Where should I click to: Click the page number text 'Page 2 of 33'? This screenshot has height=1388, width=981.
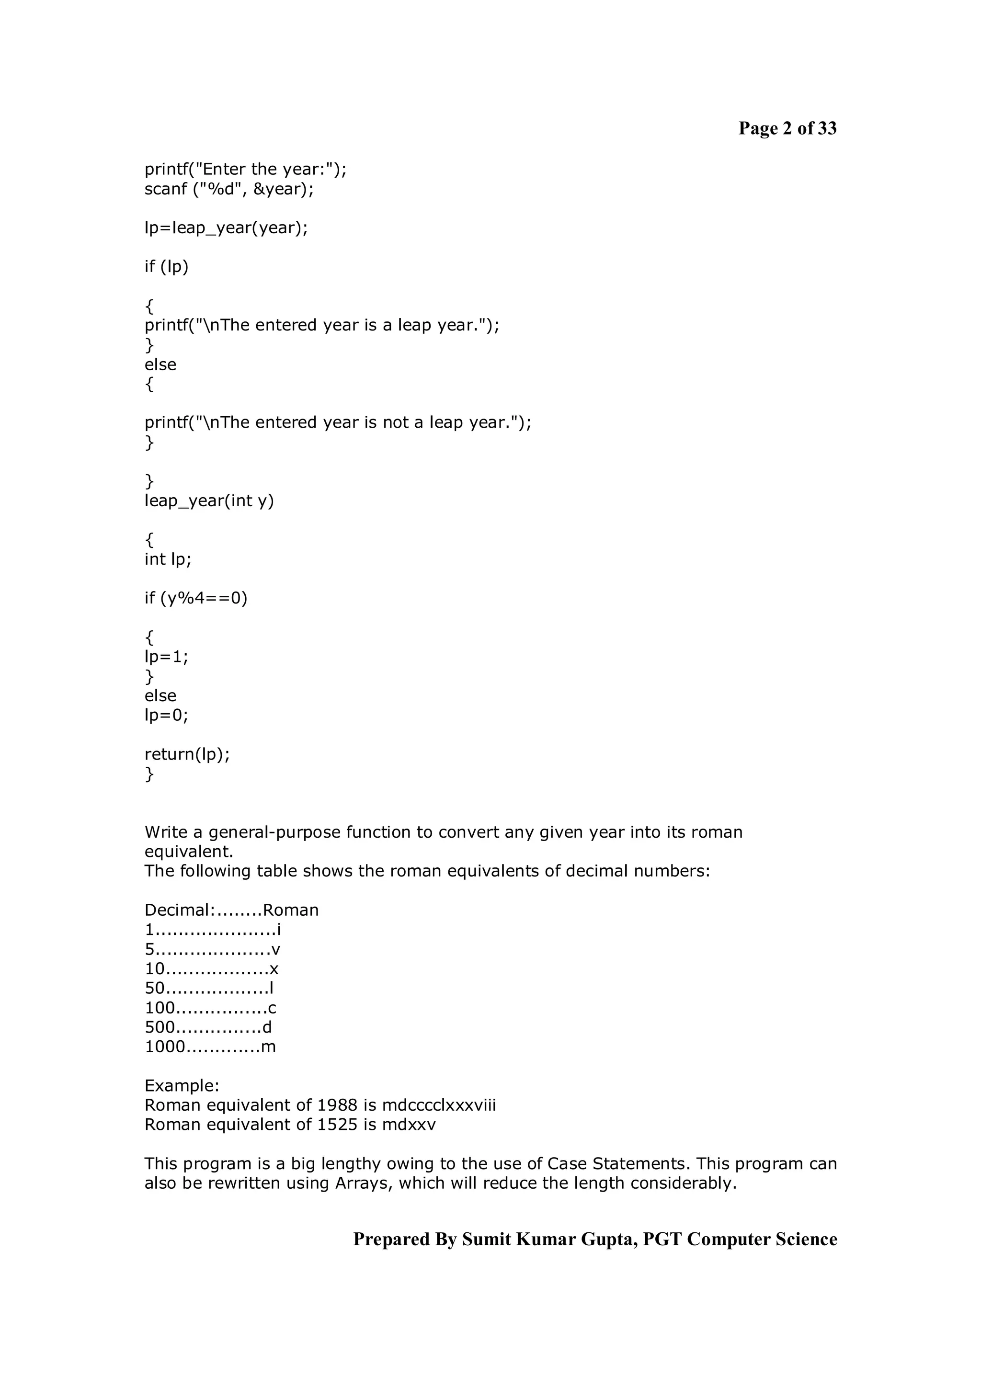coord(787,128)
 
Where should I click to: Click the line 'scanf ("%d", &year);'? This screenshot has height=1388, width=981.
coord(229,189)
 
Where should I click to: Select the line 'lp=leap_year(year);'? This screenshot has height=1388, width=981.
coord(226,228)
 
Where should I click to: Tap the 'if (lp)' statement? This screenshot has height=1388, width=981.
coord(166,267)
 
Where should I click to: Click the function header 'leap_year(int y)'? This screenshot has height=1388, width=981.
coord(209,501)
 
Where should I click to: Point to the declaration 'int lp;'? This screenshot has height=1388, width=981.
coord(168,559)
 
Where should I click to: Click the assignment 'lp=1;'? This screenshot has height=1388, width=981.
coord(166,657)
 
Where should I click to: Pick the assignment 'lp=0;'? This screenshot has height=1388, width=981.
coord(166,715)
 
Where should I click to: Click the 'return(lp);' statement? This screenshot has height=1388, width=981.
coord(187,754)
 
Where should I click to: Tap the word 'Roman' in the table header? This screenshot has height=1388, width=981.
coord(290,910)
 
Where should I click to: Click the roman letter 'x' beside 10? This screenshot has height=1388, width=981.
coord(274,969)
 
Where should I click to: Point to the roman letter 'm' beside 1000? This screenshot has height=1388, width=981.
coord(268,1047)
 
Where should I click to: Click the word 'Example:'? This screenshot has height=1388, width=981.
coord(182,1086)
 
